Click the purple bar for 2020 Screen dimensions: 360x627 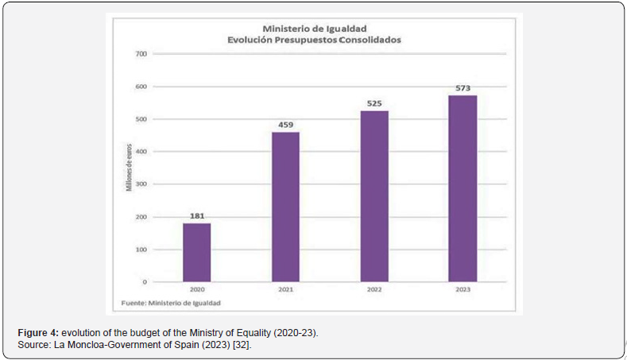click(196, 252)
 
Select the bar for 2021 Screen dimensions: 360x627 click(285, 207)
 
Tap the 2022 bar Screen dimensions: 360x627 click(374, 195)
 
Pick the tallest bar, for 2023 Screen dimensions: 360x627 click(463, 188)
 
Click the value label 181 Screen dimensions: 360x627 click(196, 215)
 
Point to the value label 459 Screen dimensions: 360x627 click(285, 124)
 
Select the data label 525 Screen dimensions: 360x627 click(374, 103)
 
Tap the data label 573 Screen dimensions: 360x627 click(463, 87)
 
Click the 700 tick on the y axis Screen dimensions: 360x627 click(141, 54)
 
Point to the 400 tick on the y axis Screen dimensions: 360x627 click(141, 152)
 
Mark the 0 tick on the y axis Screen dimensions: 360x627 click(145, 282)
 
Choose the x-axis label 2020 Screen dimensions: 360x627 click(196, 290)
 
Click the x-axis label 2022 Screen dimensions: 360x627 click(374, 290)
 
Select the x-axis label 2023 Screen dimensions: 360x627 click(463, 290)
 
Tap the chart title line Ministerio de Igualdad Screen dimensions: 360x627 click(314, 27)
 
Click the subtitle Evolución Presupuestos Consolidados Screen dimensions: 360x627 click(314, 38)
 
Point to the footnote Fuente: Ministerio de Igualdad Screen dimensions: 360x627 click(171, 303)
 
